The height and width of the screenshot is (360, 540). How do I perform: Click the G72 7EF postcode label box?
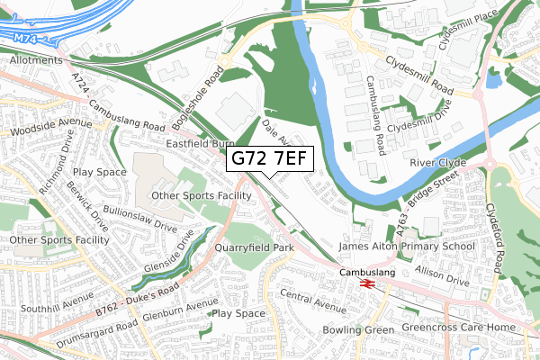(x=270, y=158)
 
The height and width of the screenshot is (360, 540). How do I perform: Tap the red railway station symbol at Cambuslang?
(x=367, y=282)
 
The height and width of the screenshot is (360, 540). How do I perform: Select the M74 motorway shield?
(x=26, y=38)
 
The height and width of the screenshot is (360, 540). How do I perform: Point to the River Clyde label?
(x=438, y=163)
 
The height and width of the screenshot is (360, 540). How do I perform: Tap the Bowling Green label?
(x=358, y=330)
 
